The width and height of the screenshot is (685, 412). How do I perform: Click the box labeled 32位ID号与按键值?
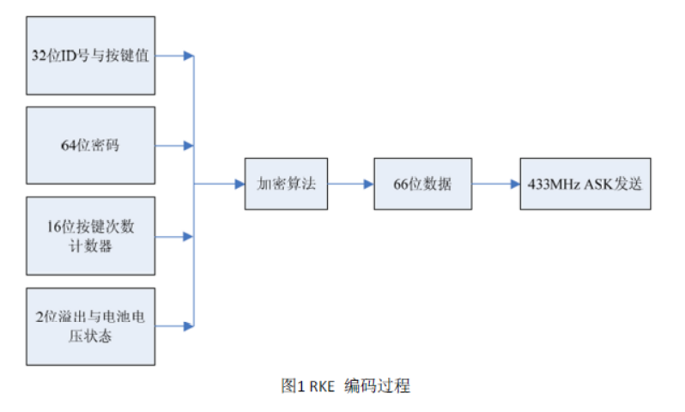coord(91,56)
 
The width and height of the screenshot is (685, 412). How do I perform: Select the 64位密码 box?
coord(91,145)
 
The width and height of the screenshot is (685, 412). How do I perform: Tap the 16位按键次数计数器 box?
coord(91,236)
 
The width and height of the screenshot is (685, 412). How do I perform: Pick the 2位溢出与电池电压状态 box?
coord(91,326)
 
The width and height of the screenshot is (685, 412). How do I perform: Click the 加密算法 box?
coord(286,184)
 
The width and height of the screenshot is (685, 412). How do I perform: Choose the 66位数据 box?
coord(422,184)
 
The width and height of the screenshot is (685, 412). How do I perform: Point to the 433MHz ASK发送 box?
coord(585,184)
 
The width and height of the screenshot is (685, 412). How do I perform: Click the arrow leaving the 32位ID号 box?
coord(175,56)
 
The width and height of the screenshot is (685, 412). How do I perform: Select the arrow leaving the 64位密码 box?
coord(175,146)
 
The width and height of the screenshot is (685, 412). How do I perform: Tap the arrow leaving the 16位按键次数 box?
coord(175,236)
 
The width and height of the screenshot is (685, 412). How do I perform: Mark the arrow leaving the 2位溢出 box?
coord(175,326)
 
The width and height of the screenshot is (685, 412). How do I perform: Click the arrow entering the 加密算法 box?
coord(220,184)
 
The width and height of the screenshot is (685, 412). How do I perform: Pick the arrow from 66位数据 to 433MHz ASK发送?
coord(495,184)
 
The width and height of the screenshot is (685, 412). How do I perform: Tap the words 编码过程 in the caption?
coord(377,386)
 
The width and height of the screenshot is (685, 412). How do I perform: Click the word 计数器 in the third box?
coord(91,246)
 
